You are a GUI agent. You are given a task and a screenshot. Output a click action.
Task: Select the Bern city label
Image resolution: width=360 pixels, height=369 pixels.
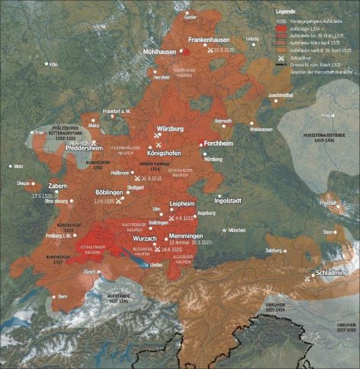pos(63,295)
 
